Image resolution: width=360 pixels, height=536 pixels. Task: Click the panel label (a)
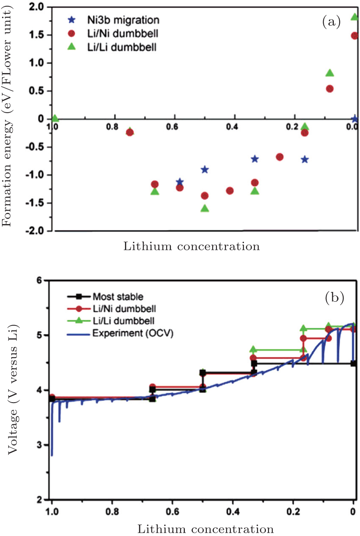(x=331, y=22)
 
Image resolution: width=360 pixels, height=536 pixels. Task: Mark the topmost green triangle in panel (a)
(x=355, y=17)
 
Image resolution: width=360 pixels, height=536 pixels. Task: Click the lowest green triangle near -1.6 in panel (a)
(x=205, y=208)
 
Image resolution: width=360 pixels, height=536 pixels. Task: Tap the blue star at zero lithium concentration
(x=355, y=119)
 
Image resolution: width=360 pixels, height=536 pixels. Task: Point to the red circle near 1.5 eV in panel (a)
(x=355, y=35)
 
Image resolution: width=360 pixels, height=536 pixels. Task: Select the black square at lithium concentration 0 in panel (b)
(x=354, y=363)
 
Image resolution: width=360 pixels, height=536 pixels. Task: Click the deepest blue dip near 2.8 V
(x=51, y=455)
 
